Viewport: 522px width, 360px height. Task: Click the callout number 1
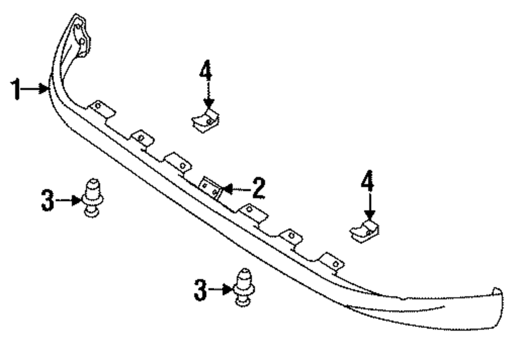pos(17,89)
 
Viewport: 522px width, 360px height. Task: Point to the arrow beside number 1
pos(36,89)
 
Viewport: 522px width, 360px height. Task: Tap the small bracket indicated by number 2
pos(211,188)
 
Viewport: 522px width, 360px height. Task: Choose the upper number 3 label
pos(48,201)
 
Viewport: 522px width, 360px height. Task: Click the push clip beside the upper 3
pos(92,197)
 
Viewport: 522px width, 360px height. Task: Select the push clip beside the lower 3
pos(244,287)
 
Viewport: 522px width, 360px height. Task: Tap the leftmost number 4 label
pos(206,71)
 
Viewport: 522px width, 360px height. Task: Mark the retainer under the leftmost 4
pos(205,122)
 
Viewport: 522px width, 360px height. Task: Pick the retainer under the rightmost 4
pos(364,232)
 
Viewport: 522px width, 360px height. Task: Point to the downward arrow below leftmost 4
pos(208,97)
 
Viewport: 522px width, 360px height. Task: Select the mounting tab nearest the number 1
pos(101,109)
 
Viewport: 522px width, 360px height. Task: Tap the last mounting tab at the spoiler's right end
pos(332,262)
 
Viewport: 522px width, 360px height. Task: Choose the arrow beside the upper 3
pos(68,199)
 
